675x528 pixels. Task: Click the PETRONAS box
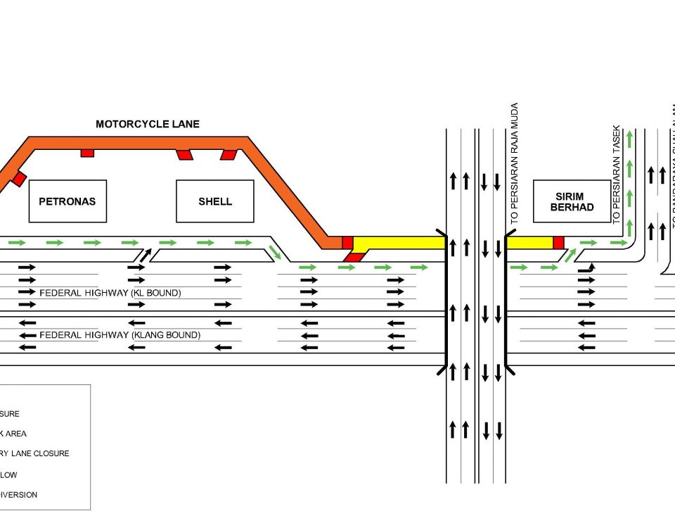coord(67,201)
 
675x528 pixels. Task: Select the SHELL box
coord(214,201)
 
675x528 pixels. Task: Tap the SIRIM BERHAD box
coord(572,201)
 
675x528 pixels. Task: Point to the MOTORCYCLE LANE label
coord(148,125)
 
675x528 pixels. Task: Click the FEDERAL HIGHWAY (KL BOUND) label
coord(110,293)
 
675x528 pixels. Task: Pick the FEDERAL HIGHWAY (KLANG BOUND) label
coord(120,335)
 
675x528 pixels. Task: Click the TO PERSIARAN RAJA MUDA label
coord(515,163)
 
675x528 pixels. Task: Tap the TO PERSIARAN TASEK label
coord(617,175)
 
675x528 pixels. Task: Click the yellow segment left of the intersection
coord(399,243)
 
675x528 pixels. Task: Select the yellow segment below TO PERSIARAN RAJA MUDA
coord(529,243)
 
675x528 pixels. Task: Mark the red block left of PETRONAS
coord(19,178)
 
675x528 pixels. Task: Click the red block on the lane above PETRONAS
coord(87,153)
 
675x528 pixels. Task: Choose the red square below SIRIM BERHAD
coord(558,243)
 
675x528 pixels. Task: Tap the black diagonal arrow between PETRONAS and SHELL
coord(144,254)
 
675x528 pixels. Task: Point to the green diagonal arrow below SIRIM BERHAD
coord(566,254)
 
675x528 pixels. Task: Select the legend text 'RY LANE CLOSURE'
coord(34,454)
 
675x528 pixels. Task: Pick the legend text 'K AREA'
coord(13,434)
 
